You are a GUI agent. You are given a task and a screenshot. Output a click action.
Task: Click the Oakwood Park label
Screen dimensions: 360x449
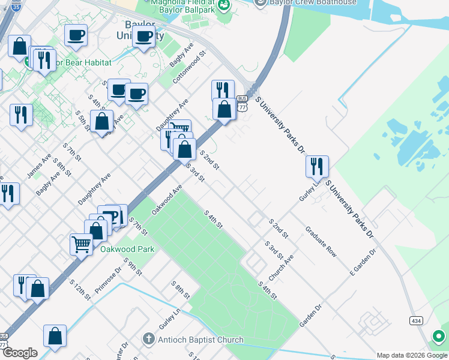[127, 249]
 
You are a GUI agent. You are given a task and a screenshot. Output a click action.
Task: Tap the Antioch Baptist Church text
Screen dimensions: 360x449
[201, 340]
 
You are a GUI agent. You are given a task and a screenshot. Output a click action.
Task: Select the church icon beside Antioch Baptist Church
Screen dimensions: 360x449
[149, 340]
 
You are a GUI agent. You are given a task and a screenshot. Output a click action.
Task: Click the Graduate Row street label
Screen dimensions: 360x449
[321, 242]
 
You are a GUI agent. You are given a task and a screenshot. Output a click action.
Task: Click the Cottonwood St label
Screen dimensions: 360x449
[189, 67]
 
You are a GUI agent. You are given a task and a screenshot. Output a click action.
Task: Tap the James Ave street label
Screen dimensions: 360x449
[38, 166]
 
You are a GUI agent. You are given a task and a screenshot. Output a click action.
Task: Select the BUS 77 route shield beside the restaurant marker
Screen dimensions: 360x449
[242, 103]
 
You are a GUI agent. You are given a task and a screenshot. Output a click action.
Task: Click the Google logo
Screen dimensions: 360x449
[19, 353]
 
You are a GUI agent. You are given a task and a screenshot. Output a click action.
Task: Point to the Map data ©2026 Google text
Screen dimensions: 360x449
[412, 355]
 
